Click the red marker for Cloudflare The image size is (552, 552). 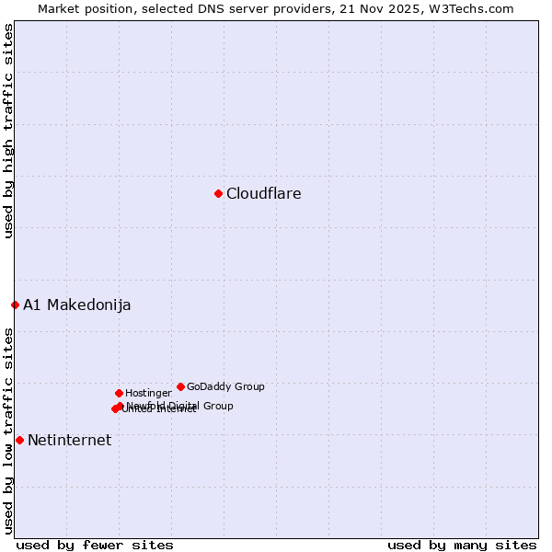218,193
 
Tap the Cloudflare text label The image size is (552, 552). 263,193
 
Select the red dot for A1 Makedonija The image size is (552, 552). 15,305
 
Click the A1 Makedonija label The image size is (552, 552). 76,305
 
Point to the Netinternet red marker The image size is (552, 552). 19,440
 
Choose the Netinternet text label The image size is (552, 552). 69,440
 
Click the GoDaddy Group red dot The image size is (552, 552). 180,386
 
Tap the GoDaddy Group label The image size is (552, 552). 225,386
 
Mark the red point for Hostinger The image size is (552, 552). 119,393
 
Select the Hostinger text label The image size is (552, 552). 148,393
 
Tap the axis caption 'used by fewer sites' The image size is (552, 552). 95,545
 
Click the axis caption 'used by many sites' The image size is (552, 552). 462,545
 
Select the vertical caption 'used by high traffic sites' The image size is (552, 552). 9,132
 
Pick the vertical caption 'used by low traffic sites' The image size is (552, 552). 9,430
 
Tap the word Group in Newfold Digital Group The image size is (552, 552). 218,406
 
